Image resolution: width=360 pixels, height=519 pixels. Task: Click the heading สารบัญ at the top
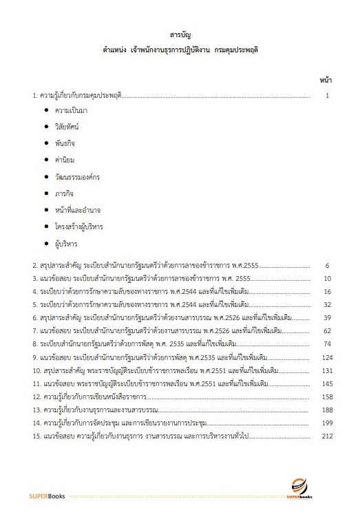click(x=180, y=33)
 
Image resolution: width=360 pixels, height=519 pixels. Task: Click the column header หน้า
click(x=326, y=80)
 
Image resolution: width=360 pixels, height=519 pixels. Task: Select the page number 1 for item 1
click(x=329, y=95)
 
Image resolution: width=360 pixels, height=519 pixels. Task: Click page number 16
click(x=328, y=292)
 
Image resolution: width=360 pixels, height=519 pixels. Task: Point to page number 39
click(x=328, y=318)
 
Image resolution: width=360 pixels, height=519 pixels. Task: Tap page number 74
click(x=328, y=344)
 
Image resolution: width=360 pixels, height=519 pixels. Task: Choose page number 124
click(x=326, y=357)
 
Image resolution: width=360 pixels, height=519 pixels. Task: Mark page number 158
click(x=326, y=397)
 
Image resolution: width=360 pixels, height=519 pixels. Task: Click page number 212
click(x=326, y=436)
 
